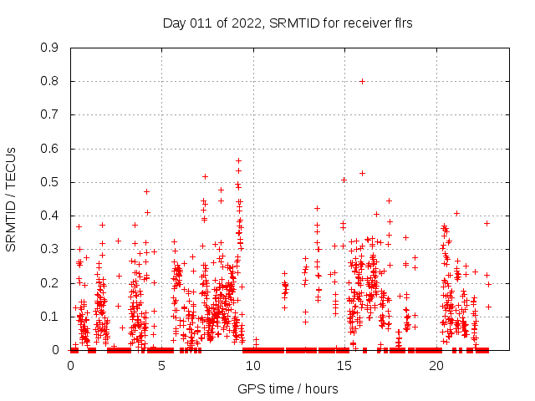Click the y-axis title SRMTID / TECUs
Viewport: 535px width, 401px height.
tap(12, 199)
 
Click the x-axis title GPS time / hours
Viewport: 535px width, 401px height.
tap(288, 388)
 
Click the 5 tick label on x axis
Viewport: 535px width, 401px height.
tap(162, 365)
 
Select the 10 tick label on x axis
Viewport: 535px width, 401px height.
tap(253, 365)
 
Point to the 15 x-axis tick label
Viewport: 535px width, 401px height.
tap(344, 365)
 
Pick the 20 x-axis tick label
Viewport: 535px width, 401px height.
tap(436, 365)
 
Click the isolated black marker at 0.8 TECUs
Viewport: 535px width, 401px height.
tap(362, 81)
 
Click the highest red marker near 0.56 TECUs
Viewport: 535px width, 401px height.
tap(238, 160)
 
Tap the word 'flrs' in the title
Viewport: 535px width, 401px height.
tap(402, 23)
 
